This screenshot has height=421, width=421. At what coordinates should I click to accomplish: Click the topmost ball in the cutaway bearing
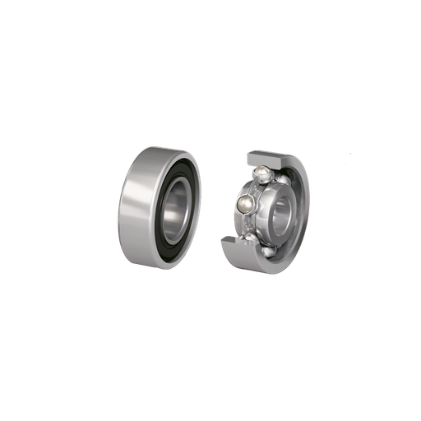(261, 172)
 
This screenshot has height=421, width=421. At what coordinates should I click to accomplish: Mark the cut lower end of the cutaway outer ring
(234, 243)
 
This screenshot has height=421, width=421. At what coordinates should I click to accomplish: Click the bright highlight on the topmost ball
(261, 169)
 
